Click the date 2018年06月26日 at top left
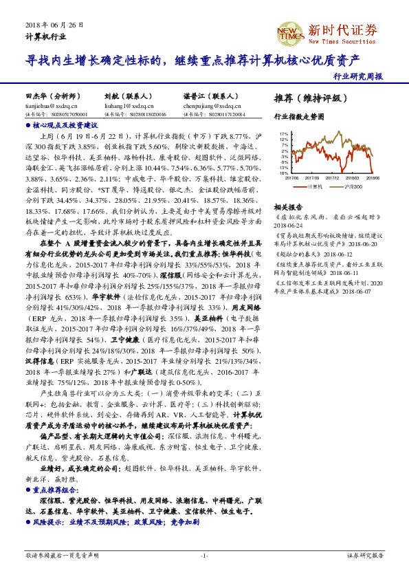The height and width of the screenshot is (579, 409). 54,24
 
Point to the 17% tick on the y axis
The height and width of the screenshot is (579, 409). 283,134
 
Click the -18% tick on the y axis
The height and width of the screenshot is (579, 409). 283,173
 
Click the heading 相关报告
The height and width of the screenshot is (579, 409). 287,207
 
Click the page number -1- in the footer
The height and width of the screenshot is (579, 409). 204,555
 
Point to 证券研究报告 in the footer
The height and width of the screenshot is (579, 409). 365,555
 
